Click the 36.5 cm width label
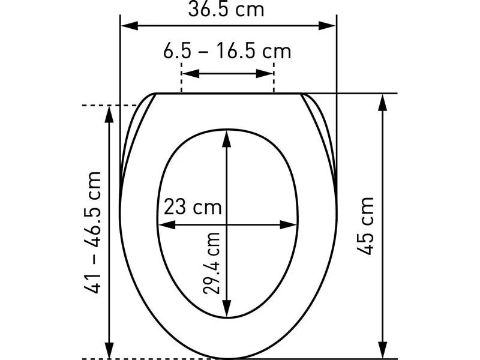[x=226, y=9]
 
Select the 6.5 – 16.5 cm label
[x=227, y=51]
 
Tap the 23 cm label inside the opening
[x=193, y=206]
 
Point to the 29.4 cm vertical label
[x=212, y=263]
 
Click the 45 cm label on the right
[x=365, y=226]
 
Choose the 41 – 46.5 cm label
[x=92, y=233]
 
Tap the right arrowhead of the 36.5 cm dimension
[x=327, y=26]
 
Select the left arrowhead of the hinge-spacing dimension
[x=191, y=73]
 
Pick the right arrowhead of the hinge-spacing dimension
[x=265, y=73]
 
